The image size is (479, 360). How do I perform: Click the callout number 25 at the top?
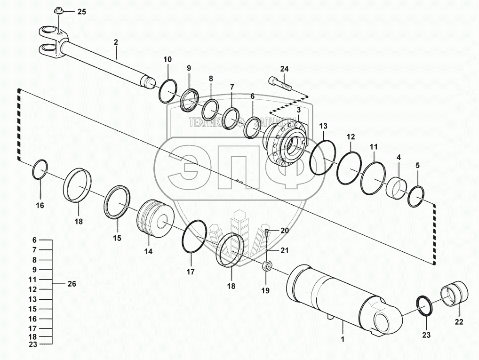point(81,12)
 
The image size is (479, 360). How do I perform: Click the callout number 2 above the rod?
point(116,42)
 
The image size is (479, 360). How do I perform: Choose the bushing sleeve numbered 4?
point(397,187)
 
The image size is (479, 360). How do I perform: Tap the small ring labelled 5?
point(416,196)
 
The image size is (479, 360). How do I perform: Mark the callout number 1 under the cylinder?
point(343,338)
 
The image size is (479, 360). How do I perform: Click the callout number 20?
point(284,230)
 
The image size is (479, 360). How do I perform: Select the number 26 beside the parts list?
point(71,284)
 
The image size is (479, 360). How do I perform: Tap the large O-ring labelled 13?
point(323,158)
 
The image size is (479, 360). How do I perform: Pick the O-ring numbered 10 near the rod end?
point(167,90)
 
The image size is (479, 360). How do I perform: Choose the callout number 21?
point(284,250)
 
